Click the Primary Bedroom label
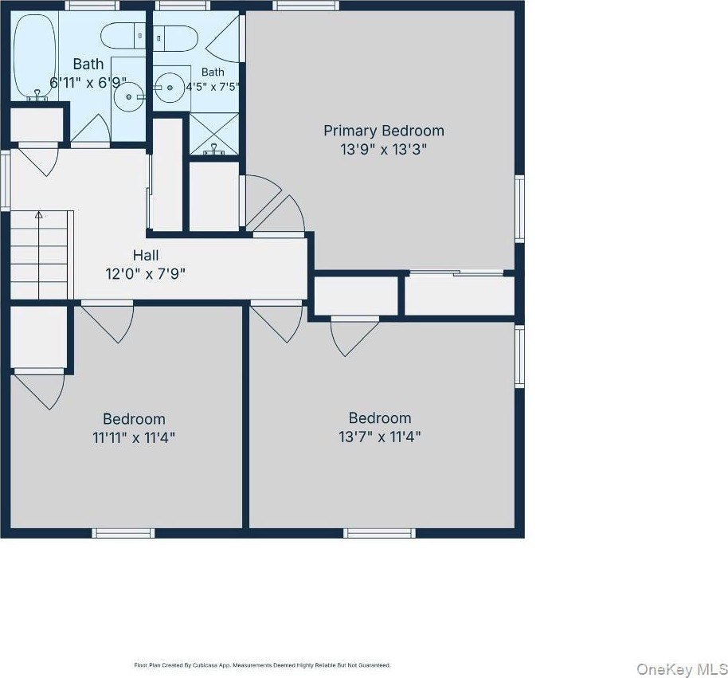(x=383, y=131)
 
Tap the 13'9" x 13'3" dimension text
(x=383, y=150)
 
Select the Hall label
(x=146, y=255)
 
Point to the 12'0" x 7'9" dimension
(x=146, y=274)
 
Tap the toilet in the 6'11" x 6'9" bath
(x=123, y=36)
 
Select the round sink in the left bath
(x=128, y=96)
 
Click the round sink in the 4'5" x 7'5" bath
(x=170, y=88)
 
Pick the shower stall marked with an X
(x=214, y=134)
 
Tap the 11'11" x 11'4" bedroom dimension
(x=134, y=437)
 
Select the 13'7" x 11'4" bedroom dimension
(x=380, y=437)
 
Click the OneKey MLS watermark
(x=682, y=669)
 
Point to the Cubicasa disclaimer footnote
(x=262, y=665)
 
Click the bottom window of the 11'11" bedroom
(x=123, y=533)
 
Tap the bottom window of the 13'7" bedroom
(x=379, y=533)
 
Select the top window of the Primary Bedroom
(x=306, y=6)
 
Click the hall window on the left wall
(x=6, y=180)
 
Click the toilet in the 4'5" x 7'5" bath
(x=175, y=38)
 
